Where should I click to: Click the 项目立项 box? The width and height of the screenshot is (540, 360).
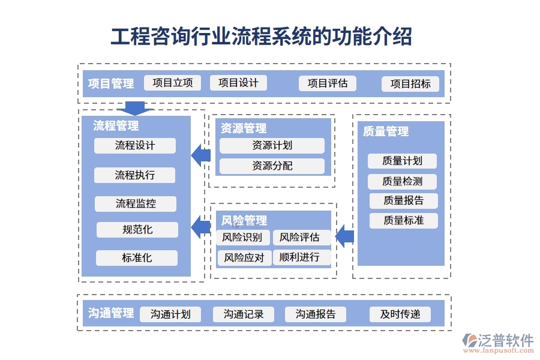pos(172,83)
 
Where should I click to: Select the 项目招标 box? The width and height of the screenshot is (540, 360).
pos(410,84)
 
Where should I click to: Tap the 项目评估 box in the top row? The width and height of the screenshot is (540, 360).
pos(327,83)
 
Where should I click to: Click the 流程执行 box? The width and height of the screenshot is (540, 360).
pos(135,175)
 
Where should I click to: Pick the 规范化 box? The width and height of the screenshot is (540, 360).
pos(137,230)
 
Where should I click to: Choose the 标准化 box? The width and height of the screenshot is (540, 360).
pos(137,258)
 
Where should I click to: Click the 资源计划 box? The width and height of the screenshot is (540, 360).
pos(272,146)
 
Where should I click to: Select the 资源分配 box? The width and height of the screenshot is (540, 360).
pos(272,166)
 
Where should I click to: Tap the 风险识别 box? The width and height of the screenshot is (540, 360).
pos(242,238)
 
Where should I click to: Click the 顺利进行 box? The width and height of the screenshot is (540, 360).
pos(299,258)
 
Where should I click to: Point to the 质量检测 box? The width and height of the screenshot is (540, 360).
pos(402,181)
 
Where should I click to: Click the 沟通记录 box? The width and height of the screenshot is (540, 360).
pos(243,314)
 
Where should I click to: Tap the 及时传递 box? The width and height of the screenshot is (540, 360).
pos(400,314)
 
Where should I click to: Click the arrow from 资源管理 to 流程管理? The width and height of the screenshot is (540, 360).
pos(201,156)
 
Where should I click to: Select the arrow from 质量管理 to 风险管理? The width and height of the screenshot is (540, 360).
pos(344,237)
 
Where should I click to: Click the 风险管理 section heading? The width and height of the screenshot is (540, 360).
pos(244,221)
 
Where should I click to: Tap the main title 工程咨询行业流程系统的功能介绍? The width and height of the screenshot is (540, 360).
pos(262,37)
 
